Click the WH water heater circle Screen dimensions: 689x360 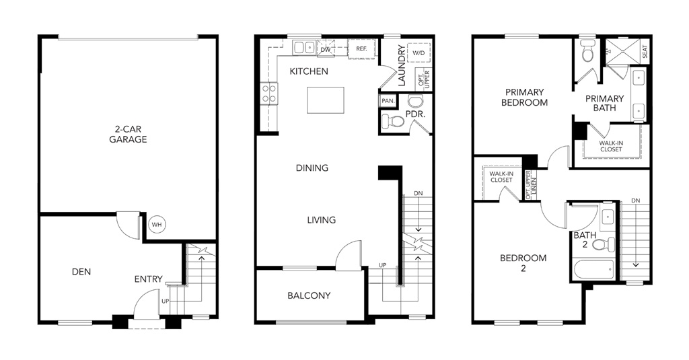pos(157,225)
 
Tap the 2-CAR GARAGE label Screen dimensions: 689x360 pos(128,135)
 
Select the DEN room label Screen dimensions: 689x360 pos(81,272)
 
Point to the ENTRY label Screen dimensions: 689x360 pos(149,279)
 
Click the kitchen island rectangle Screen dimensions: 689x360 pos(326,100)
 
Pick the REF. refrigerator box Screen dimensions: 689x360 pos(361,49)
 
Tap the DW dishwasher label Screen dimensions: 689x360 pos(326,50)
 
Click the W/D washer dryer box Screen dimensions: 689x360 pos(419,53)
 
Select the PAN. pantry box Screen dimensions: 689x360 pos(388,101)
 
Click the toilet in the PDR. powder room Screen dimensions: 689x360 pos(392,121)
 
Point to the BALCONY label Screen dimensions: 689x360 pos(309,295)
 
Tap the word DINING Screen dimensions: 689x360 pos(312,168)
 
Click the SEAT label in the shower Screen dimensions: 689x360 pos(645,52)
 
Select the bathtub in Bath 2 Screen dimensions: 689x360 pos(594,269)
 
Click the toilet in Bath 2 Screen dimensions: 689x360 pos(604,244)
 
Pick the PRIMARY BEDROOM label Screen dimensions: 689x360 pos(525,97)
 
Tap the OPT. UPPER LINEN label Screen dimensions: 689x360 pos(532,184)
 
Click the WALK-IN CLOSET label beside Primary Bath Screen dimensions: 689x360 pos(611,147)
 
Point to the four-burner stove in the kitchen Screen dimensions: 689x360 pos(269,94)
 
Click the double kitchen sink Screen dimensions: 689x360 pos(304,48)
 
